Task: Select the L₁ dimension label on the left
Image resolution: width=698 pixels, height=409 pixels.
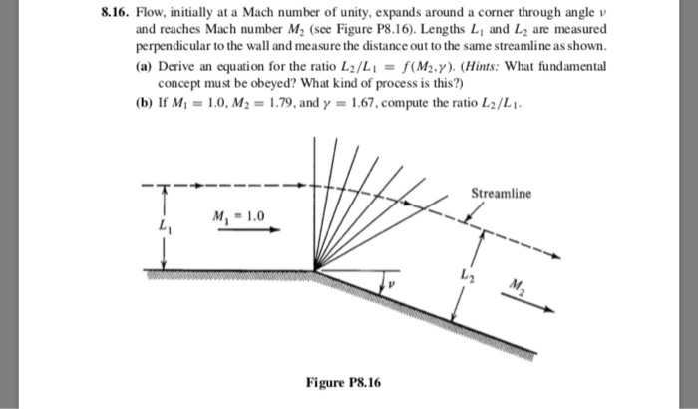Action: click(154, 227)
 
